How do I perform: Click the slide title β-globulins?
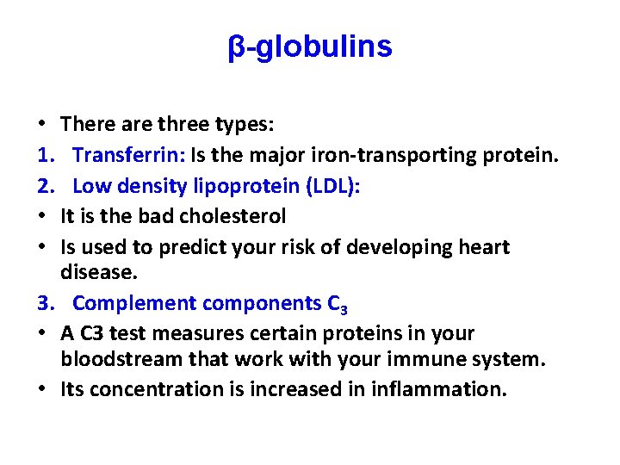coord(310,47)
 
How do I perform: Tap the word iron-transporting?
coord(382,156)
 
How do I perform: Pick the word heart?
coord(479,247)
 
